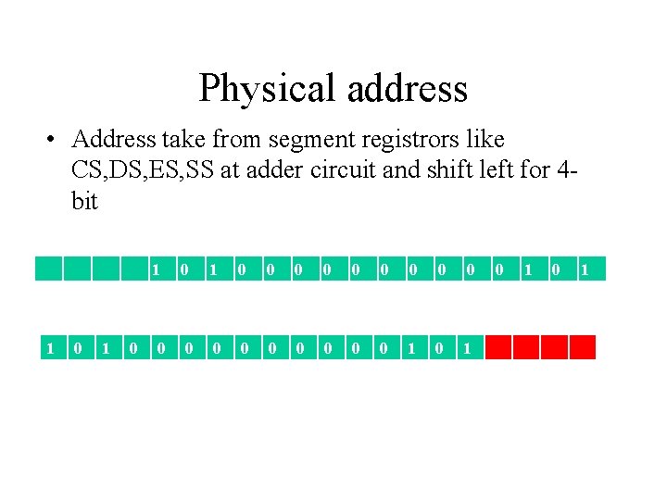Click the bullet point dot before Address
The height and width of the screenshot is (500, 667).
pos(54,140)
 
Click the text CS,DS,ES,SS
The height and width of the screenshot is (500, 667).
pos(143,170)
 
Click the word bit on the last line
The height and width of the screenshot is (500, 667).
pos(84,201)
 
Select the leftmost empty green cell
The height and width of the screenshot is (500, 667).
pos(48,269)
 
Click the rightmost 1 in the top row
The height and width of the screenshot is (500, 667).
pos(585,269)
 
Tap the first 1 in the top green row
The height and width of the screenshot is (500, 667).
pos(157,269)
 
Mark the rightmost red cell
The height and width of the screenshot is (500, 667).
pos(582,347)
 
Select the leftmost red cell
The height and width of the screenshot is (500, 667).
pos(498,347)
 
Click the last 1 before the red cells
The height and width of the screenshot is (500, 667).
pos(468,348)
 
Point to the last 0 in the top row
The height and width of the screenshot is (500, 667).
pos(556,269)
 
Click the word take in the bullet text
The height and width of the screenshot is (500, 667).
pos(182,140)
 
